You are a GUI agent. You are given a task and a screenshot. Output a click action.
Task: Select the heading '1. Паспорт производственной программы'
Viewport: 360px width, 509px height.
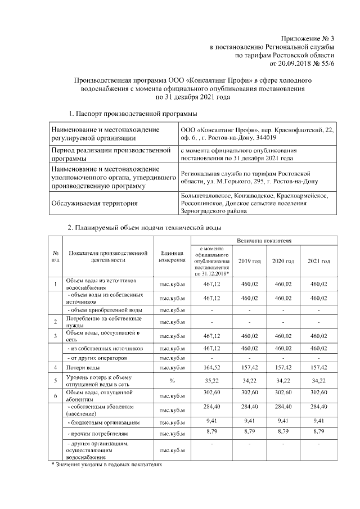128,114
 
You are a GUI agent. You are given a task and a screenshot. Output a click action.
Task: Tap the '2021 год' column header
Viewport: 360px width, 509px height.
318,262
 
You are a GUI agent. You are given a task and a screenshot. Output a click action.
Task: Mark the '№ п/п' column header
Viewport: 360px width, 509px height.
55,257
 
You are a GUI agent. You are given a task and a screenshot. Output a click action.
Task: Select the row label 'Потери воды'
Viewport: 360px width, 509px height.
84,367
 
